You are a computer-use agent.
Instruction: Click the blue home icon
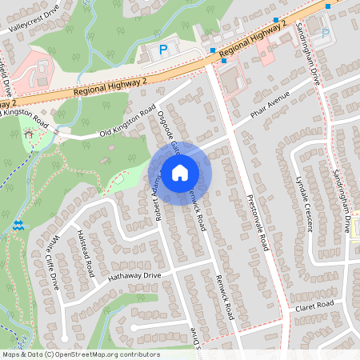coord(180,172)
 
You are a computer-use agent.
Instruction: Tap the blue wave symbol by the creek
coord(18,227)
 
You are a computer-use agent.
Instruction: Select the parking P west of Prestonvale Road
coord(163,50)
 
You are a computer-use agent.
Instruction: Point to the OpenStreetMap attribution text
coord(80,354)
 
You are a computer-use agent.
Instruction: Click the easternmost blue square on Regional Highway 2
coord(327,6)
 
